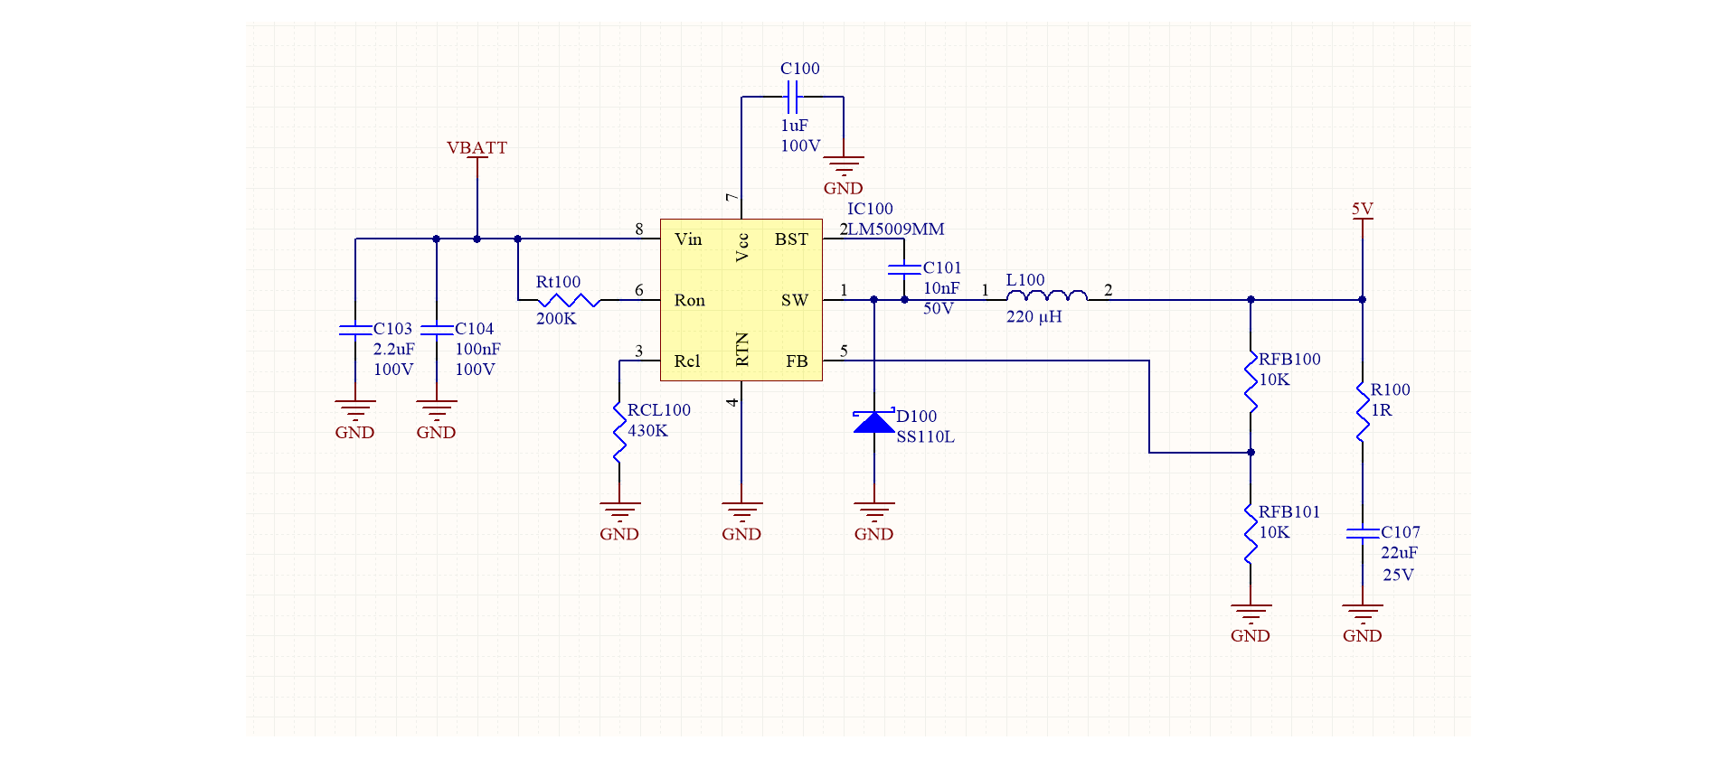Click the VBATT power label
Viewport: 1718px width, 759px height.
tap(477, 148)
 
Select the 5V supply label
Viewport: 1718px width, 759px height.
tap(1362, 210)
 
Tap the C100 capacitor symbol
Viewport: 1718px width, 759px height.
tap(792, 96)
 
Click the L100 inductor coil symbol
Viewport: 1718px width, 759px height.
tap(1046, 296)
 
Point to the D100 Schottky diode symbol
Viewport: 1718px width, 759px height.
tap(874, 422)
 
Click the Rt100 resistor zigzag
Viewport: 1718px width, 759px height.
tap(568, 300)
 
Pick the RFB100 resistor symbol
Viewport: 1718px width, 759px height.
tap(1251, 383)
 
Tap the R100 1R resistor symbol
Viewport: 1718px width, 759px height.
tap(1362, 413)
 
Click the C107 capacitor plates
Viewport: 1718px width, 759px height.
tap(1362, 533)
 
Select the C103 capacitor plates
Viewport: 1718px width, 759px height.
tap(355, 330)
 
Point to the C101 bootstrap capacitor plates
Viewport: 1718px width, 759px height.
tap(904, 268)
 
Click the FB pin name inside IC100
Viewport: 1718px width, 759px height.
tap(796, 361)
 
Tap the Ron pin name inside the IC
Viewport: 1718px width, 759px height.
tap(689, 301)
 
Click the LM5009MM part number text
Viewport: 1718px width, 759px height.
tap(895, 230)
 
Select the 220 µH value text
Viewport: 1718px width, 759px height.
tap(1034, 317)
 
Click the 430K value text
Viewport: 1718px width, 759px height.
tap(647, 431)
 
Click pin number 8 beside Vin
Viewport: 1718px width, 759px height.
tap(639, 230)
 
